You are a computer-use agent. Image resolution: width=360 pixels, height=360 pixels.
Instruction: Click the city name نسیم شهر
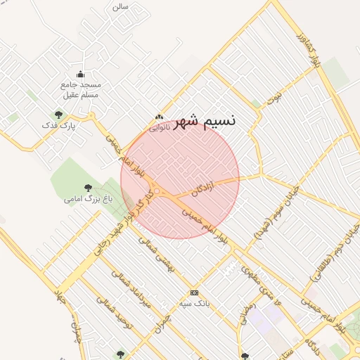pos(204,120)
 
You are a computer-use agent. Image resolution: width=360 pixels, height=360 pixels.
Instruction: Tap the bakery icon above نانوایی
pos(160,117)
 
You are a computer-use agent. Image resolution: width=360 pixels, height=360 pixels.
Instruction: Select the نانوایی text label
pos(160,127)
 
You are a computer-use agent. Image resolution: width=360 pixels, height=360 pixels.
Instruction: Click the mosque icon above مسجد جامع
pos(80,75)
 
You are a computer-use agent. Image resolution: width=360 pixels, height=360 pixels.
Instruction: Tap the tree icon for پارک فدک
pos(58,115)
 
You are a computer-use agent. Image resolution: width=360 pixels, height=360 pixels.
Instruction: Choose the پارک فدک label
pos(58,125)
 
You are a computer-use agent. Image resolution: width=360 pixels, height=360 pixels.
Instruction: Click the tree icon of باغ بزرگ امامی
pos(88,188)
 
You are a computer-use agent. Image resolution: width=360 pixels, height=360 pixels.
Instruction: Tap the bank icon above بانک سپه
pos(194,292)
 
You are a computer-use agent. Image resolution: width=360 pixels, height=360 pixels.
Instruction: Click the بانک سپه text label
pos(194,303)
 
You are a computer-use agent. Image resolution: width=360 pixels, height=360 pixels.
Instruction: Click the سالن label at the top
pos(120,6)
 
